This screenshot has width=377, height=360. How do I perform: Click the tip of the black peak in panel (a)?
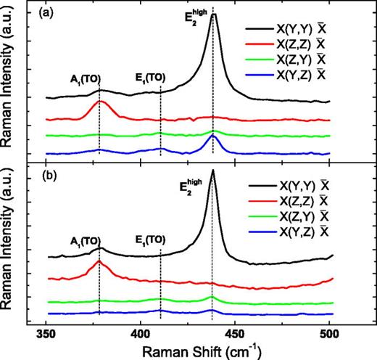pyautogui.click(x=213, y=14)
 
